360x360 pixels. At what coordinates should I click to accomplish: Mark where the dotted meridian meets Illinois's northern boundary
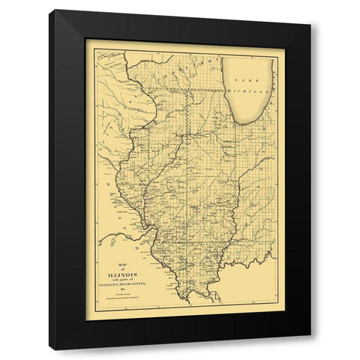click(x=184, y=90)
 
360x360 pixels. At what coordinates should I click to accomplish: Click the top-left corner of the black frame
click(x=52, y=11)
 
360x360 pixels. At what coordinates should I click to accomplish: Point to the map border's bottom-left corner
click(x=86, y=320)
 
